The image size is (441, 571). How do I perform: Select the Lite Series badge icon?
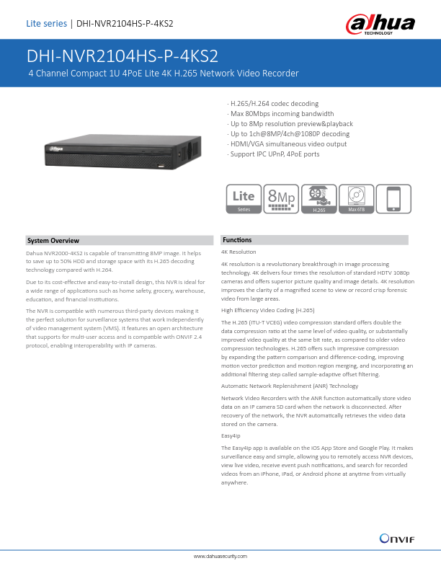[244, 198]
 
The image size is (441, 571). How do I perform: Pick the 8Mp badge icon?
[280, 198]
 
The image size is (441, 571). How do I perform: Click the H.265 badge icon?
[318, 198]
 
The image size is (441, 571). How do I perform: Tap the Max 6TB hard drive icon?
[357, 198]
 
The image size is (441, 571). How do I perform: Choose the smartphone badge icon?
[394, 198]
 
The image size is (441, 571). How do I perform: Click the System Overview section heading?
[53, 240]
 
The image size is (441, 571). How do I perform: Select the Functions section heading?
[237, 239]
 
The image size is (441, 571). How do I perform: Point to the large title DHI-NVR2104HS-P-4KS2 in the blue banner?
[122, 57]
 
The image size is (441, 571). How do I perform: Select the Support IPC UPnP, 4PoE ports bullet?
[273, 154]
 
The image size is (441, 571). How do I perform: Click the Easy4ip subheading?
[231, 436]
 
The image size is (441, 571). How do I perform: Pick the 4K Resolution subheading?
[239, 252]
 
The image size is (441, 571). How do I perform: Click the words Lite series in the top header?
[46, 24]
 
